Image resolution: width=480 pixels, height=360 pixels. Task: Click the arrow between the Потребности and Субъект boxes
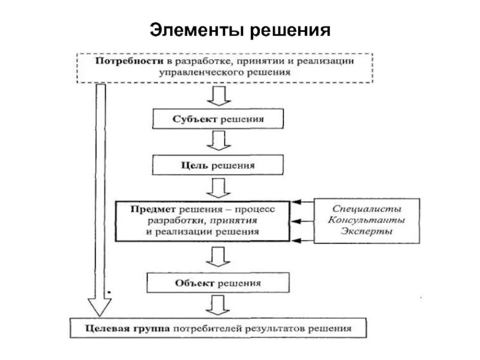tap(217, 95)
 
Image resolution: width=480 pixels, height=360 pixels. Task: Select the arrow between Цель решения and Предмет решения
tap(217, 187)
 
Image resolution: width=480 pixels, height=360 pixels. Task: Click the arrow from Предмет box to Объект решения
tap(217, 257)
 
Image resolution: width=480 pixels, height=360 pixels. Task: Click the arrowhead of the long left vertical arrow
tap(101, 306)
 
